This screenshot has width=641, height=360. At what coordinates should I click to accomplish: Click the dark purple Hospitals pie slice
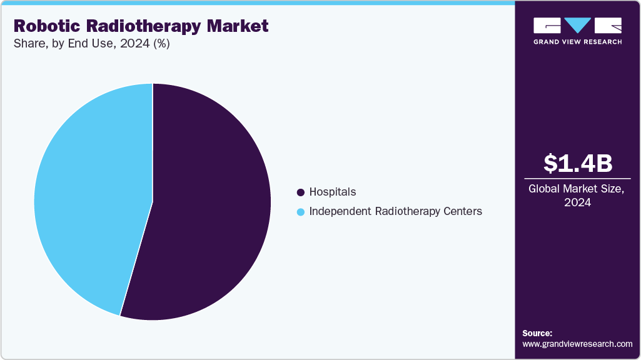(206, 206)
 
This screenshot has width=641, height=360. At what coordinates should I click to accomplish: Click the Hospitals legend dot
(301, 192)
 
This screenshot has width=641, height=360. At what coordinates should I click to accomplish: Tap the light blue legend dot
(301, 212)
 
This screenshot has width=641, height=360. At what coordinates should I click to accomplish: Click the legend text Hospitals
(333, 192)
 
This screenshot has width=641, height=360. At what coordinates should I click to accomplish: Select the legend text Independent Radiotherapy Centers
(395, 211)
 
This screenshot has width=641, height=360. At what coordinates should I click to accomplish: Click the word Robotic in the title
(44, 26)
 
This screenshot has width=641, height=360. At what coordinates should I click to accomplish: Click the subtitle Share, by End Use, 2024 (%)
(91, 44)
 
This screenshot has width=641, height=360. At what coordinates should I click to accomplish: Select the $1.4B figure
(577, 163)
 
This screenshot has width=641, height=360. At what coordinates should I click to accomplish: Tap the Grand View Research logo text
(577, 42)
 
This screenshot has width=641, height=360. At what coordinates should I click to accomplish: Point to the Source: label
(537, 333)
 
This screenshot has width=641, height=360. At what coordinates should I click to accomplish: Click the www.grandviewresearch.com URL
(577, 344)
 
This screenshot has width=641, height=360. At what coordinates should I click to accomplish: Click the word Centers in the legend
(462, 211)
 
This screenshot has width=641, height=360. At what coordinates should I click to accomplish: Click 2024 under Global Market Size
(577, 202)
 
